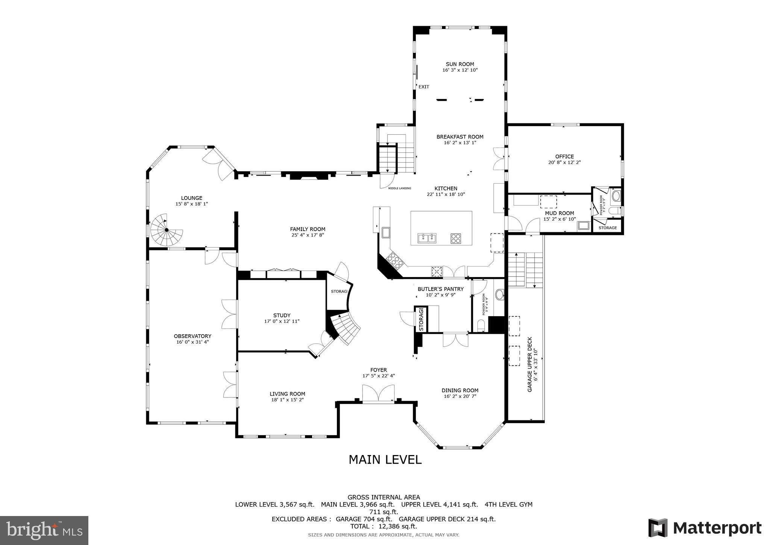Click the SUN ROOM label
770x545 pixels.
460,64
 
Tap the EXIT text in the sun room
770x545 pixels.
424,87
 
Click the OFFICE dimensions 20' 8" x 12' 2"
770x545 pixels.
564,163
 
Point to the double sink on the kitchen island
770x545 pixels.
427,238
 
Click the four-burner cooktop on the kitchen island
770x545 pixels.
456,238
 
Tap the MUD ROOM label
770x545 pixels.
559,213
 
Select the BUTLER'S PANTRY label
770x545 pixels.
441,289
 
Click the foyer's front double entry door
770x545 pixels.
378,394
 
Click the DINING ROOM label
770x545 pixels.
460,390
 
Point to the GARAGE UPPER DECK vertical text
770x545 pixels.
530,364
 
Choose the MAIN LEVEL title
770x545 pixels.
385,460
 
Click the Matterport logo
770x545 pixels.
705,528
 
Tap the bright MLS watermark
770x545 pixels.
44,530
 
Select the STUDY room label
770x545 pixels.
282,315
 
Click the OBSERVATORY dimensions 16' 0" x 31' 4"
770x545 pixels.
192,342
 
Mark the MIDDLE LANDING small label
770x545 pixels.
399,188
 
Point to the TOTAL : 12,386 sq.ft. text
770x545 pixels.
383,526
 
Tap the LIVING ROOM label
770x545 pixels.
287,394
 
